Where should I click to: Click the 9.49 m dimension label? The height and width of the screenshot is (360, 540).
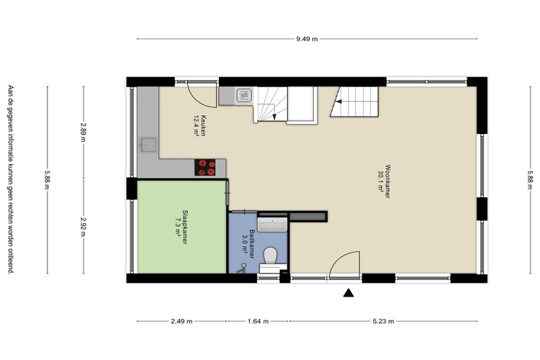307,39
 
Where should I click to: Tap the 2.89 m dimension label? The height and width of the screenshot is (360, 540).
83,132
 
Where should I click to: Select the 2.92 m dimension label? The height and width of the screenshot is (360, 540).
83,226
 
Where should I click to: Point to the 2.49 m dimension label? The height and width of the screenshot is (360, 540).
181,321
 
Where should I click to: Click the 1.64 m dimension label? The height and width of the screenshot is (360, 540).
258,321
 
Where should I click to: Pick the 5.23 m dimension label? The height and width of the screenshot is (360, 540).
383,321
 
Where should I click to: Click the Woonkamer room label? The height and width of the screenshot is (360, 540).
388,181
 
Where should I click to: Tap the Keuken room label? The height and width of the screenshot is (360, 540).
204,126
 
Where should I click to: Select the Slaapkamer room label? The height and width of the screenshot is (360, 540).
185,227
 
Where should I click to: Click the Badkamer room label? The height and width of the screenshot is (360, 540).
252,244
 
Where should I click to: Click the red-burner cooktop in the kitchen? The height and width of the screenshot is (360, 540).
205,168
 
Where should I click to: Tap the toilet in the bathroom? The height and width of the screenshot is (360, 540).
271,256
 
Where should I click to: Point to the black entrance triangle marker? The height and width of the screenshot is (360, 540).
348,293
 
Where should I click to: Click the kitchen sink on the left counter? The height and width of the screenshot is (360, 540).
148,145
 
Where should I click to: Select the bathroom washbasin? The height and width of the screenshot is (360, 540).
272,225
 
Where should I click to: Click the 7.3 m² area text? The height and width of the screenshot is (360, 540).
178,227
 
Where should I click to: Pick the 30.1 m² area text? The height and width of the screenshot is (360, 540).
381,181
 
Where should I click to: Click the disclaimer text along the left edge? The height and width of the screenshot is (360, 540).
11,179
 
